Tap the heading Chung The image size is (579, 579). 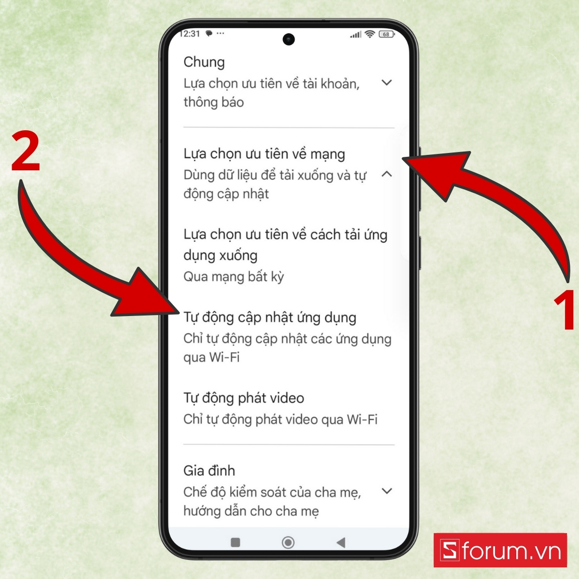coord(204,62)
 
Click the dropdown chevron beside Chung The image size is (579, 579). coord(386,83)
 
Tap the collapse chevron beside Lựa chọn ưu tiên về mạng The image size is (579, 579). coord(386,174)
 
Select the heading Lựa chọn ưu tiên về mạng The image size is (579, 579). coord(264,154)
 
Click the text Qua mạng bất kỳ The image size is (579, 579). coord(234,276)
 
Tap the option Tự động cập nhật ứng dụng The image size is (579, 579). coord(270,317)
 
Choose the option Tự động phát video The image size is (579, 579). coord(244,398)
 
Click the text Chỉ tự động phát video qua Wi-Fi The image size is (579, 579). coord(280,419)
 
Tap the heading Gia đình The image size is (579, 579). coord(209,470)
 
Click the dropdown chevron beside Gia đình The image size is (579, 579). coord(386,491)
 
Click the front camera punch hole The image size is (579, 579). coord(289,39)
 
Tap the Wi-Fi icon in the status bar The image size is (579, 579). coord(370,34)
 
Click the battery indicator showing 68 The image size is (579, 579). coord(386,34)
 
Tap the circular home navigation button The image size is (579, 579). coord(288,542)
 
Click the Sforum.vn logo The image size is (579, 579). coord(500,550)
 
